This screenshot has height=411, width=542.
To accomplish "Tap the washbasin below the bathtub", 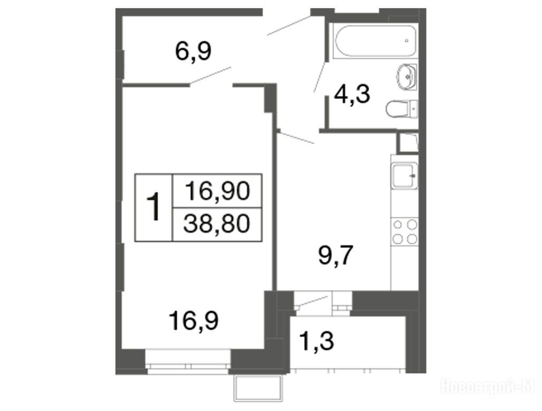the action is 407,77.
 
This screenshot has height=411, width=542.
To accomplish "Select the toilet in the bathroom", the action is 402,109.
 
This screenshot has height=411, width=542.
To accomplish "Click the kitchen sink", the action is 404,176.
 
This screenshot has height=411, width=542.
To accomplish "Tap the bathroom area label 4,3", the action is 352,94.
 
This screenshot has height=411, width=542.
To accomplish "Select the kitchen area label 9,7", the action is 335,255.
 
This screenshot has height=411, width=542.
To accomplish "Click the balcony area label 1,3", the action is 317,341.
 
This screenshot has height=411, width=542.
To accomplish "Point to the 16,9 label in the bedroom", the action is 194,321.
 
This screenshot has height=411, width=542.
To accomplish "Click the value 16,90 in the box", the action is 217,191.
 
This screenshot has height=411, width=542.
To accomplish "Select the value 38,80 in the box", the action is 217,223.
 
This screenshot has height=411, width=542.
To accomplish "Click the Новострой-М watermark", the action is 488,386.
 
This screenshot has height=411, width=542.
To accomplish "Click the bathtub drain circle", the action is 407,41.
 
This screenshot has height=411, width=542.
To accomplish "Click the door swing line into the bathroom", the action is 319,77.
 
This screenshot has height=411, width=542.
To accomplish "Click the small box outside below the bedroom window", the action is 258,388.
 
